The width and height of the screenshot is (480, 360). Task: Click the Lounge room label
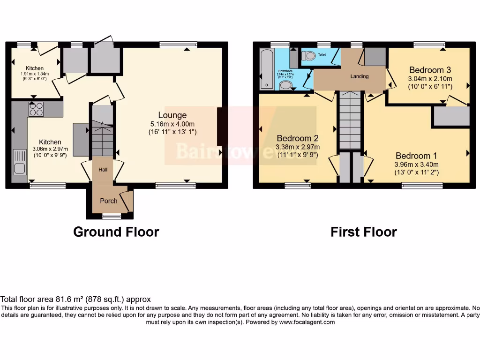click(x=172, y=115)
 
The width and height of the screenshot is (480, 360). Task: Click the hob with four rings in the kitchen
click(x=36, y=109)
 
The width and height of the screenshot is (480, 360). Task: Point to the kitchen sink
click(x=20, y=162)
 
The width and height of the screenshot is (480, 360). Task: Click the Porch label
click(x=108, y=201)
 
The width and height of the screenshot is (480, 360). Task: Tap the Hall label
click(x=103, y=169)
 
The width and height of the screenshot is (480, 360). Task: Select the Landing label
click(x=360, y=76)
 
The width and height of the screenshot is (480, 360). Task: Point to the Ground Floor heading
click(x=116, y=232)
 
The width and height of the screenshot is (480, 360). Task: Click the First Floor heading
click(x=364, y=232)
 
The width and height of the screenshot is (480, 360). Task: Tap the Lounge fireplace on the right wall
click(x=220, y=127)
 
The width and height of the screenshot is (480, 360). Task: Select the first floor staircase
click(x=350, y=120)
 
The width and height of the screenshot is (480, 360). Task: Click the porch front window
click(x=112, y=216)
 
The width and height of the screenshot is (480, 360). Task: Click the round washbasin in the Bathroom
click(x=285, y=85)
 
